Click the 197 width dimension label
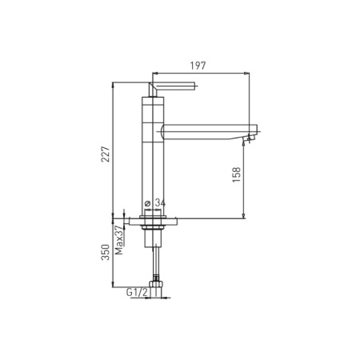click(x=198, y=66)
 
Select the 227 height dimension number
click(x=106, y=154)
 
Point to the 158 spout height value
click(x=237, y=174)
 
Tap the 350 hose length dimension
click(x=106, y=252)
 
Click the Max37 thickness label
click(x=119, y=240)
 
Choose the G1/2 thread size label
click(x=137, y=293)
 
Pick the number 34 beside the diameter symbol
click(x=160, y=203)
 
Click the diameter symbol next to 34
click(x=147, y=203)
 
